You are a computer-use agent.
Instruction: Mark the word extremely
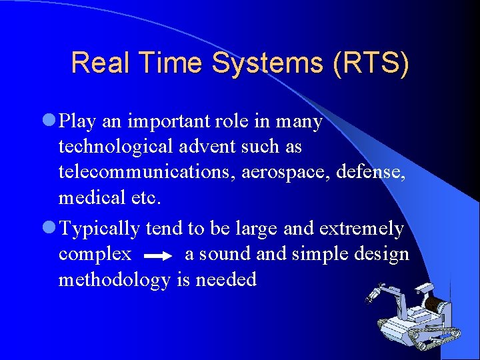(x=362, y=229)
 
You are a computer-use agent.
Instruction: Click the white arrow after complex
(x=158, y=255)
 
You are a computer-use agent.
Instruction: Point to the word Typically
(x=100, y=229)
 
